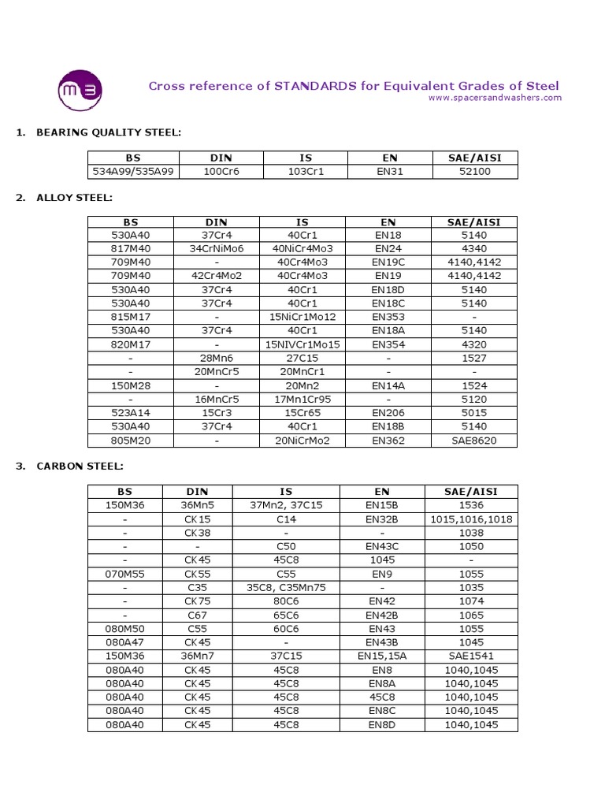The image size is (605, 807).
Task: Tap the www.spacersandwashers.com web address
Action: click(x=495, y=98)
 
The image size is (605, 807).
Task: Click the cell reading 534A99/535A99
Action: click(x=131, y=171)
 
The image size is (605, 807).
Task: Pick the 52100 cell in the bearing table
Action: click(x=474, y=171)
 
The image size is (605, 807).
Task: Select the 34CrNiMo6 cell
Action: click(x=217, y=248)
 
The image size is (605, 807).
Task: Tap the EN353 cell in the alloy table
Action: click(x=388, y=317)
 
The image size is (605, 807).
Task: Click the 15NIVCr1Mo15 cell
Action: click(x=302, y=344)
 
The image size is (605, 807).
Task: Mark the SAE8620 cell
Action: click(x=474, y=440)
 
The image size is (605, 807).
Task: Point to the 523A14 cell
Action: click(x=131, y=412)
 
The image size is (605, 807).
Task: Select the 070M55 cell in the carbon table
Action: click(x=131, y=574)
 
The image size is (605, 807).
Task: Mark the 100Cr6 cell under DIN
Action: click(x=217, y=171)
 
